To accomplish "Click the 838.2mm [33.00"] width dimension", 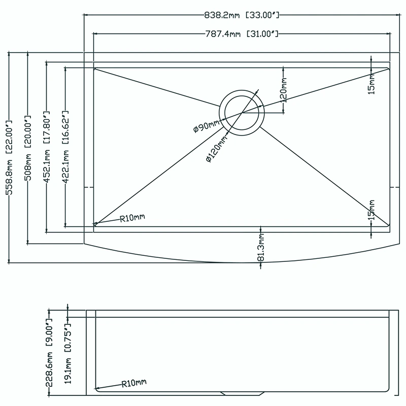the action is (242, 15).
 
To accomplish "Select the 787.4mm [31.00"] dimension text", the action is (242, 34).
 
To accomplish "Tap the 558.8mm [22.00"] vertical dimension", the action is (9, 157).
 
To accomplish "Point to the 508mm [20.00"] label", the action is (28, 148).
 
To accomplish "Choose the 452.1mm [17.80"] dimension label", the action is (47, 147).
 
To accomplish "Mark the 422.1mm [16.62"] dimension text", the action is (65, 147).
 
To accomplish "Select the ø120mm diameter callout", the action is (217, 149).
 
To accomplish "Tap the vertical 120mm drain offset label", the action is (284, 90).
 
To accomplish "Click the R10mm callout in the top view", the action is (132, 218).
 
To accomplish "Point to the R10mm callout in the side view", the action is (134, 383).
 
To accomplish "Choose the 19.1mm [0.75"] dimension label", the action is (67, 353).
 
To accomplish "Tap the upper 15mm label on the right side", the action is (371, 84).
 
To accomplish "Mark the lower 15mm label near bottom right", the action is (371, 210).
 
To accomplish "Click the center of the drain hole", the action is (242, 113).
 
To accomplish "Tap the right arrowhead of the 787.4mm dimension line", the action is (388, 33).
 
